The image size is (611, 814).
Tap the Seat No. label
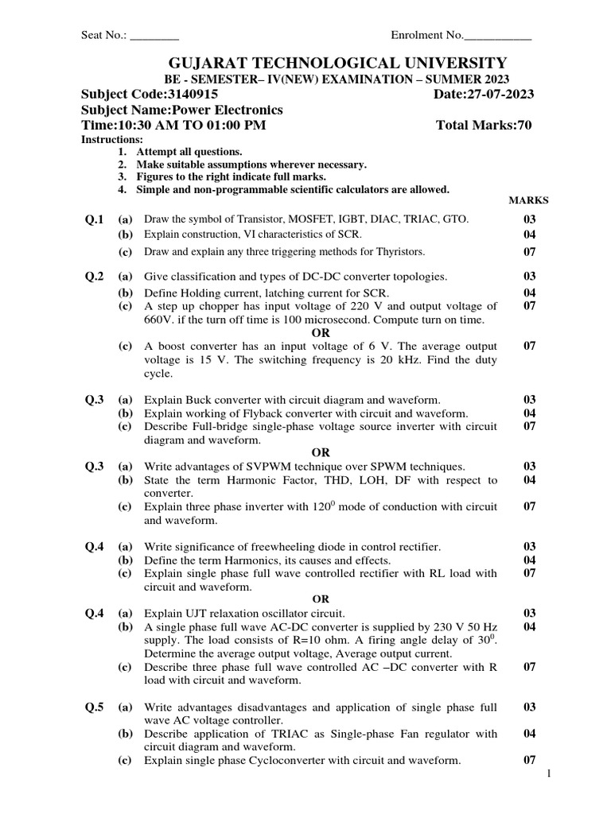coord(104,36)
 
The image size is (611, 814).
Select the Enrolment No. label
coord(426,36)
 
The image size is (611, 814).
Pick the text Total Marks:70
coord(484,125)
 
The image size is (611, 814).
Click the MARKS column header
coord(528,201)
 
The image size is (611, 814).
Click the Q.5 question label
coord(95,707)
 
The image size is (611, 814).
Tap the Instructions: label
coord(113,139)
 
